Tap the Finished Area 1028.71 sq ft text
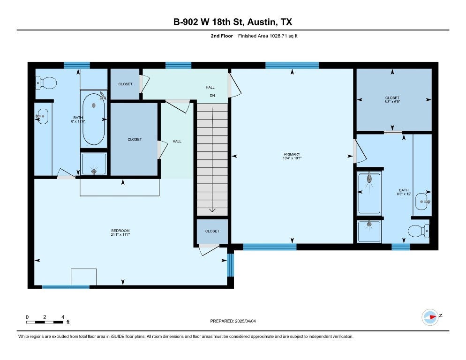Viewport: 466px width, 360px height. coord(268,36)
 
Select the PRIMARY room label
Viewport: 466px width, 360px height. coord(292,154)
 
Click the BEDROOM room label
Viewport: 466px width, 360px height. coord(120,230)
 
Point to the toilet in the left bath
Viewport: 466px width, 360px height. coord(46,83)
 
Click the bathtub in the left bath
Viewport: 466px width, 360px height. coord(94,119)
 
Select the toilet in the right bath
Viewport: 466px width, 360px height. coord(419,231)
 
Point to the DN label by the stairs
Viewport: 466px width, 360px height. coord(212,96)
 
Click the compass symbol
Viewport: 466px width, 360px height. coord(430,317)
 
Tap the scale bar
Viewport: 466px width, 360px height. coord(45,322)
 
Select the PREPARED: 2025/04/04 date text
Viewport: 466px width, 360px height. coord(233,321)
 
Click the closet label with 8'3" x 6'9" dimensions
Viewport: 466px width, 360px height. coord(392,98)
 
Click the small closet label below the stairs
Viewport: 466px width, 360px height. coord(212,231)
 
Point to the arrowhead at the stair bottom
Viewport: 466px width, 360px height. coord(212,210)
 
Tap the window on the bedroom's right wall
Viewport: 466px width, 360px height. coord(231,265)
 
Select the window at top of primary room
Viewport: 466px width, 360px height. coord(292,66)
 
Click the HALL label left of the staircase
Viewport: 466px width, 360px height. coord(177,141)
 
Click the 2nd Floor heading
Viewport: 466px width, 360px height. coord(222,36)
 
